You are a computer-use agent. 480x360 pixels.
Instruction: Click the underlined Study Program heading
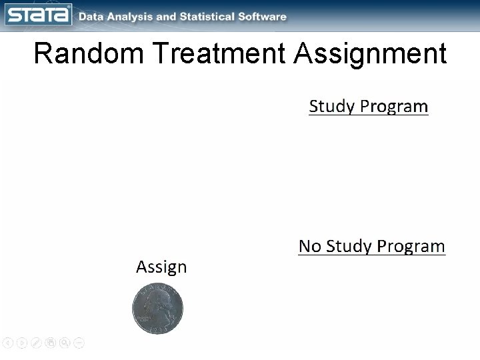pos(368,107)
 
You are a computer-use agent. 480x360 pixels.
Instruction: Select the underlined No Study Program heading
pos(371,247)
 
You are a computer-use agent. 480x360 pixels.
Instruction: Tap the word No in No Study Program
pos(309,247)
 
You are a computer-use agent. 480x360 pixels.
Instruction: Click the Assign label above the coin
pos(161,267)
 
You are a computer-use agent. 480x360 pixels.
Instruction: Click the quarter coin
pos(157,309)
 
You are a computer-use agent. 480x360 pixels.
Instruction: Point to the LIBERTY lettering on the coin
pos(157,287)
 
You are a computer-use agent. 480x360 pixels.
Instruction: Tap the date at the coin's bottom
pos(157,330)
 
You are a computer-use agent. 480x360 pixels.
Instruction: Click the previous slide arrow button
pos(7,343)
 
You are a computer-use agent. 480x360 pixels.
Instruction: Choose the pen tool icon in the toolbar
pos(36,343)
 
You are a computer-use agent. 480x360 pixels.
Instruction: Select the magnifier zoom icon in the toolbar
pos(65,343)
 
